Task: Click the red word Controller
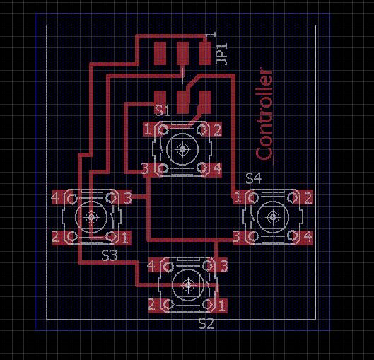(x=264, y=114)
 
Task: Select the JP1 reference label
(x=221, y=54)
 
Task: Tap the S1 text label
(x=162, y=110)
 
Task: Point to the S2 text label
(x=206, y=324)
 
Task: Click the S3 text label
(x=110, y=256)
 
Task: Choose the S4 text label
(x=254, y=178)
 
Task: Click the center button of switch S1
(x=182, y=149)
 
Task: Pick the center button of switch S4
(x=273, y=217)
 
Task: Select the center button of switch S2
(x=189, y=285)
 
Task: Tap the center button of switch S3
(x=91, y=217)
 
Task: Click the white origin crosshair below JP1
(x=182, y=76)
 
